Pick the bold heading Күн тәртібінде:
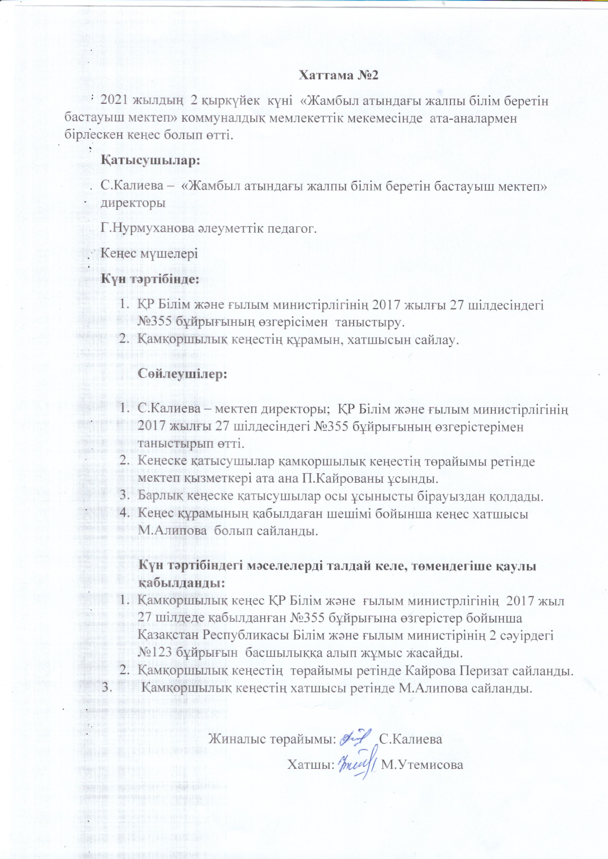[150, 279]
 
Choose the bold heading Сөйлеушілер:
[183, 374]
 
